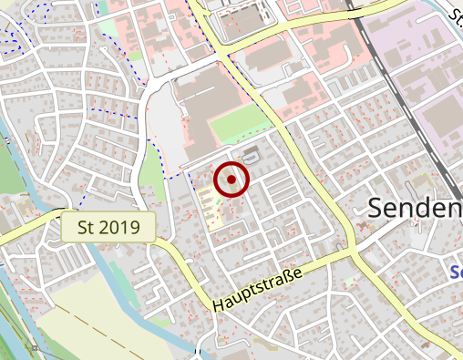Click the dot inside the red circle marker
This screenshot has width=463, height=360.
pos(231,180)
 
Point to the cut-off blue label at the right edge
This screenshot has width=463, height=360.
pos(458,271)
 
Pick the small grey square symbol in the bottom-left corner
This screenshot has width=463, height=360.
pos(35,347)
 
